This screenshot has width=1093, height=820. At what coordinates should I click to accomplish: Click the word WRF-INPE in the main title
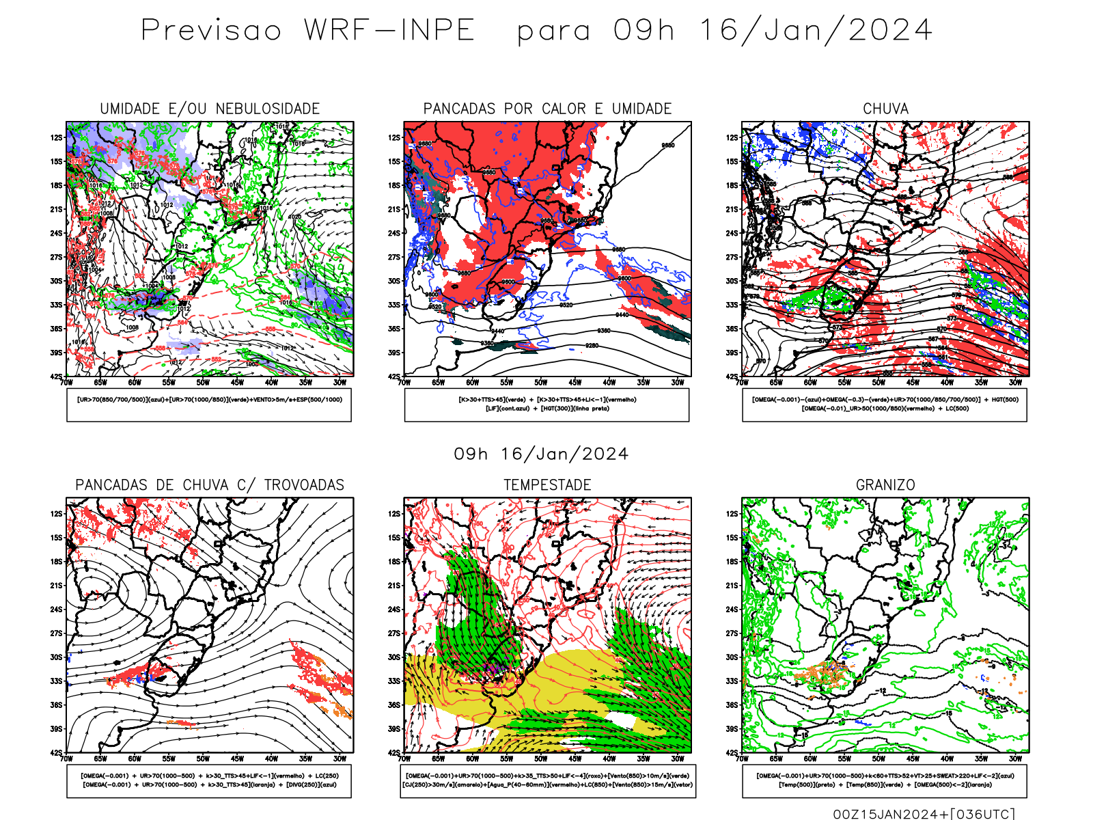point(389,30)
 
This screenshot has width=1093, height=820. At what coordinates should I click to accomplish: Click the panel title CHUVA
point(885,109)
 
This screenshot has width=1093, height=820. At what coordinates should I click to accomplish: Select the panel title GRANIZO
point(885,484)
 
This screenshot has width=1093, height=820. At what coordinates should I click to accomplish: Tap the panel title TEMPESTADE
point(547,484)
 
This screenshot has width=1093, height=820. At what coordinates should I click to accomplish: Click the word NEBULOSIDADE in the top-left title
point(268,109)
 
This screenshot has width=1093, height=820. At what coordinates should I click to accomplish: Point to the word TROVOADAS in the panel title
point(304,484)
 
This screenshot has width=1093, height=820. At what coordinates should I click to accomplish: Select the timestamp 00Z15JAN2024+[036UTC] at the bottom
point(924,813)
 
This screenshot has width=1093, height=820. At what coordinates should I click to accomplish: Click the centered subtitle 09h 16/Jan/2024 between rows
point(541,454)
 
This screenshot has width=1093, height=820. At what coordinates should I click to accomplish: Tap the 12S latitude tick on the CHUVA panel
point(732,137)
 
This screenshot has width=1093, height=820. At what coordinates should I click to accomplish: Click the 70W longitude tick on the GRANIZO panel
point(742,758)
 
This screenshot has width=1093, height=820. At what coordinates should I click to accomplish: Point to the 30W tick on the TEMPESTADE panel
point(677,758)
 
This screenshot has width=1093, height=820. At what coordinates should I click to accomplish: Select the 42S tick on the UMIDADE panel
point(56,377)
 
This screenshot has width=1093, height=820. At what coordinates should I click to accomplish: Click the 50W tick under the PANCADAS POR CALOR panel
point(540,383)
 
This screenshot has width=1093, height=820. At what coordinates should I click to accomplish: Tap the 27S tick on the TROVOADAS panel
point(56,633)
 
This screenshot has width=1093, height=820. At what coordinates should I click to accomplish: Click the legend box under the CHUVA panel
point(885,405)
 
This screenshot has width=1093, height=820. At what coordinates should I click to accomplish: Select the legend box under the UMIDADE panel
point(209,405)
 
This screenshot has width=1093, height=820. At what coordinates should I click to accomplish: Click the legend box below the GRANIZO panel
point(885,780)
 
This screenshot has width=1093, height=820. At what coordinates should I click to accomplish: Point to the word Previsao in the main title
point(211,30)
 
